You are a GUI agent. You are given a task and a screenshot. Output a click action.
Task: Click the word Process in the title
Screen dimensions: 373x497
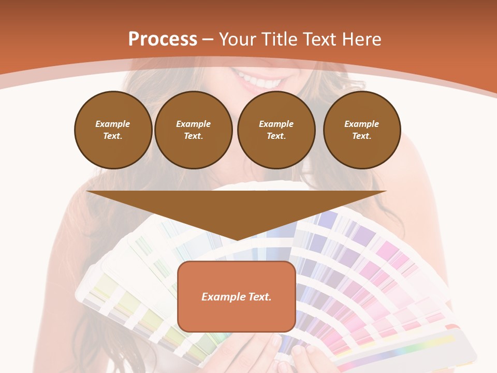(163, 39)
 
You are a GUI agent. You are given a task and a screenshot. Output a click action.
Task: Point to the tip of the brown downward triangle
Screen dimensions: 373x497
(237, 239)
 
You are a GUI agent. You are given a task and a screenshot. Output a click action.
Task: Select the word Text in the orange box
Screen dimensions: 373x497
(259, 297)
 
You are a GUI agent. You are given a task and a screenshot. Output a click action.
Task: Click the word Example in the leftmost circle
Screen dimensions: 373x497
(113, 124)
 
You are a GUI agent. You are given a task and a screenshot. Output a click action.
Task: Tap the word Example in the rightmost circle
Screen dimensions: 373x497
(361, 124)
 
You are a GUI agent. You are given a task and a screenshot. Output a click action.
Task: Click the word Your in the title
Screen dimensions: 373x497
(238, 39)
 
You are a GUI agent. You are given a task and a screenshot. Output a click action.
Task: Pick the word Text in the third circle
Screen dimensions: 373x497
(276, 136)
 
